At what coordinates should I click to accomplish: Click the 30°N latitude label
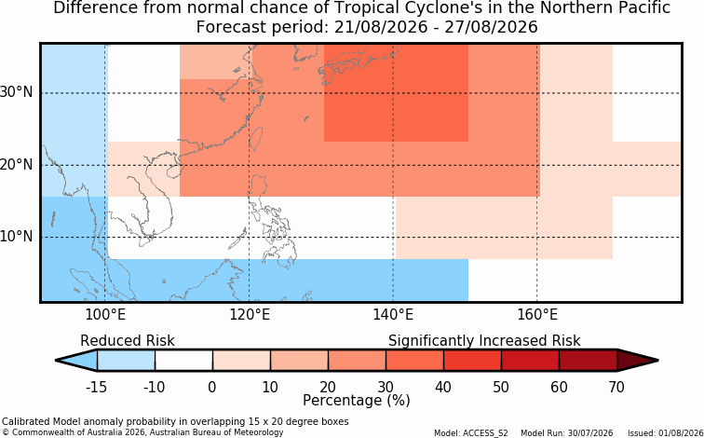click(x=17, y=92)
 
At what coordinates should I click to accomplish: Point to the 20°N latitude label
click(x=17, y=164)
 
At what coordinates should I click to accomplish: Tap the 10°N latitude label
click(x=17, y=237)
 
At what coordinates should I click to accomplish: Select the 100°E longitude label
click(x=105, y=315)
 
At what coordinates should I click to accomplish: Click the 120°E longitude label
click(x=250, y=315)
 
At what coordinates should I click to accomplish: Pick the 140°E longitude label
click(x=393, y=315)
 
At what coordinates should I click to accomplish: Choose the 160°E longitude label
click(x=537, y=315)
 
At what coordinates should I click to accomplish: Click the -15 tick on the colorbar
click(x=96, y=387)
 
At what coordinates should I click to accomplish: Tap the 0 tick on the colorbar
click(x=212, y=387)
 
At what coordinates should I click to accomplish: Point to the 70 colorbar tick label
click(x=616, y=387)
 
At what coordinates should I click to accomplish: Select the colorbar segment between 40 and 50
click(x=472, y=361)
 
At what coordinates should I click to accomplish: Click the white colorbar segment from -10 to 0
click(x=183, y=361)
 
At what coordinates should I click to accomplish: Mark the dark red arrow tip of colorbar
click(x=658, y=361)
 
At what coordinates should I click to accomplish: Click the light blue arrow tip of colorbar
click(x=56, y=361)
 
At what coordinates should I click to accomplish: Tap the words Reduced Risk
click(x=128, y=340)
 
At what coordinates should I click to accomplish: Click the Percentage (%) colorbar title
click(x=357, y=400)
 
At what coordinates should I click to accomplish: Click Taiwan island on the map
click(x=256, y=138)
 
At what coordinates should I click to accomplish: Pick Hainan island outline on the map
click(x=172, y=171)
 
